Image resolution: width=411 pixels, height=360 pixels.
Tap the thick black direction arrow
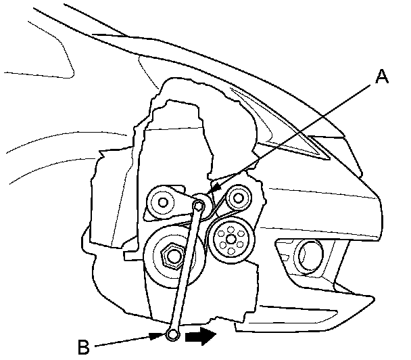coord(201,334)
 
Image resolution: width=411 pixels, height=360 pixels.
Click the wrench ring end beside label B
coord(172,334)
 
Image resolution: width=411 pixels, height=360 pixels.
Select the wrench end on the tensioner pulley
coord(200,204)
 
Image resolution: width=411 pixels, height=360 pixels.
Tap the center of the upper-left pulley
coord(161,201)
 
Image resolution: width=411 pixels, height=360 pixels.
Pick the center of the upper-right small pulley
coord(237,198)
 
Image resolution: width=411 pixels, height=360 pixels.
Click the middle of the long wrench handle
coord(186,271)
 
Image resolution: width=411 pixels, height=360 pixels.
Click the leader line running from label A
coord(297,135)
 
